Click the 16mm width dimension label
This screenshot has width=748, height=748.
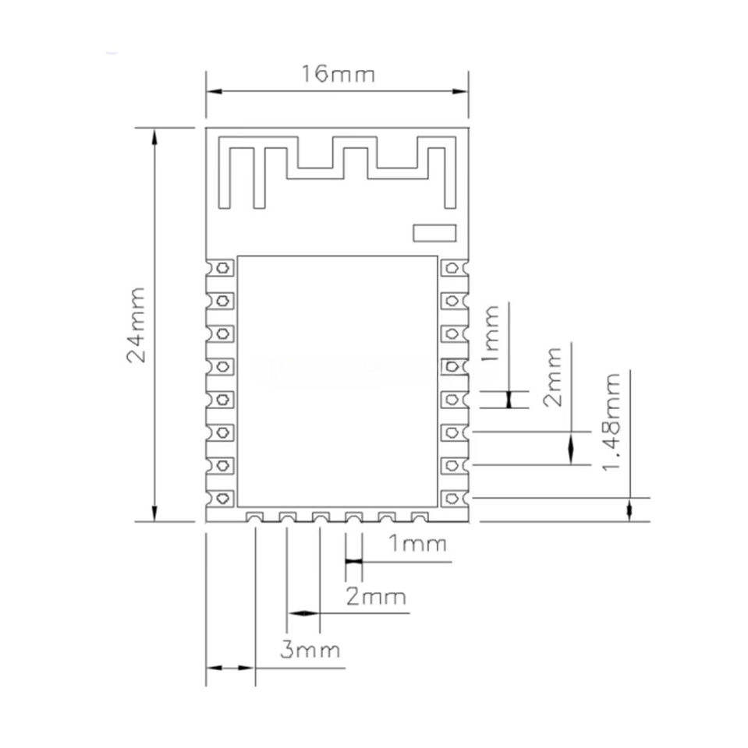338,74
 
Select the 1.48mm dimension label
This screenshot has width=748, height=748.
612,422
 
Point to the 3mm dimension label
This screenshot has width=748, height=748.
310,650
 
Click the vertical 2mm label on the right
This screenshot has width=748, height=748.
553,377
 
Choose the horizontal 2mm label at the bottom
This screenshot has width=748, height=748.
376,597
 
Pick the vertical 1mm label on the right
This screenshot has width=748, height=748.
491,333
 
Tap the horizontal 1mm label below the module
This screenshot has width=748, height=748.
417,543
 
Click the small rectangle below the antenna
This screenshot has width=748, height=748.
434,233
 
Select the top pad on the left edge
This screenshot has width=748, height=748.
220,267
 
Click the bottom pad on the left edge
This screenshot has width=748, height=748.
220,499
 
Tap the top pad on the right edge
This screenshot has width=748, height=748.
454,267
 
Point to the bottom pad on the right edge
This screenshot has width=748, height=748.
454,499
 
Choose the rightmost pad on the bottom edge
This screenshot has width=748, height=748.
420,517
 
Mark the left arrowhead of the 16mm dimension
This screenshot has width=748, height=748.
214,91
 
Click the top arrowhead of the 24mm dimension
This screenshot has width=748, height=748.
154,136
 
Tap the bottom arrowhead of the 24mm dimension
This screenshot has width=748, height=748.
154,513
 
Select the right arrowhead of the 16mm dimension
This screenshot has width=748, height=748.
460,91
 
